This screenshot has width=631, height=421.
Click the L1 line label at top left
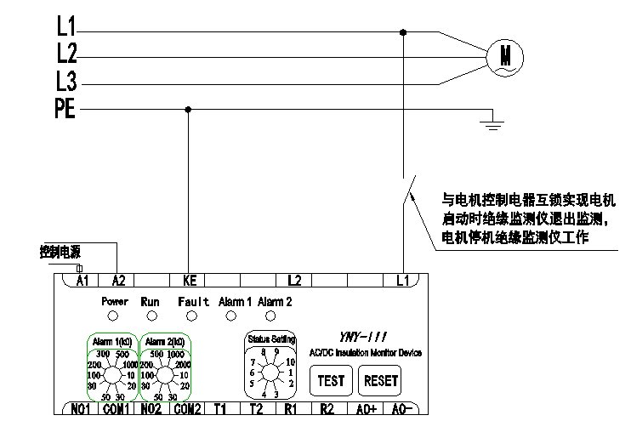click(66, 26)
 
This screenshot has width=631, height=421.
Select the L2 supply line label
click(67, 54)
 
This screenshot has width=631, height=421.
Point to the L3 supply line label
click(67, 82)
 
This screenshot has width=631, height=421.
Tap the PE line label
click(65, 109)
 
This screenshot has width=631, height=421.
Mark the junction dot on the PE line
click(188, 109)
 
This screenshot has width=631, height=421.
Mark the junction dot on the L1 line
click(403, 32)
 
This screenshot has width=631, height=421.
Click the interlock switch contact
click(407, 191)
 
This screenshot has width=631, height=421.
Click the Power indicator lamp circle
click(114, 316)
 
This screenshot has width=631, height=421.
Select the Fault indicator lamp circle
click(192, 316)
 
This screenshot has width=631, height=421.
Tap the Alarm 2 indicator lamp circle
click(270, 316)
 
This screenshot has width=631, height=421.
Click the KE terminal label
click(189, 279)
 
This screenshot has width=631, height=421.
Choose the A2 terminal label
click(117, 279)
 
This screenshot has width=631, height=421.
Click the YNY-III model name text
click(353, 338)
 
